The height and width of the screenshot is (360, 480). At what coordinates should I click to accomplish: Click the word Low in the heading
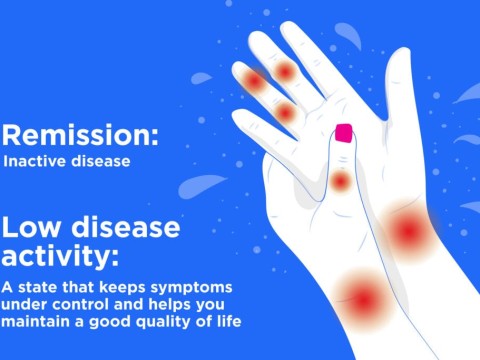pos(29,228)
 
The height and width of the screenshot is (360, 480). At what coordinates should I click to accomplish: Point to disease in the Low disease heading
pos(121,228)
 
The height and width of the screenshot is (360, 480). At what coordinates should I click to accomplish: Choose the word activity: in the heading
pos(60,258)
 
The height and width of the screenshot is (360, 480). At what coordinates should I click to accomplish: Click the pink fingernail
pos(345,133)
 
